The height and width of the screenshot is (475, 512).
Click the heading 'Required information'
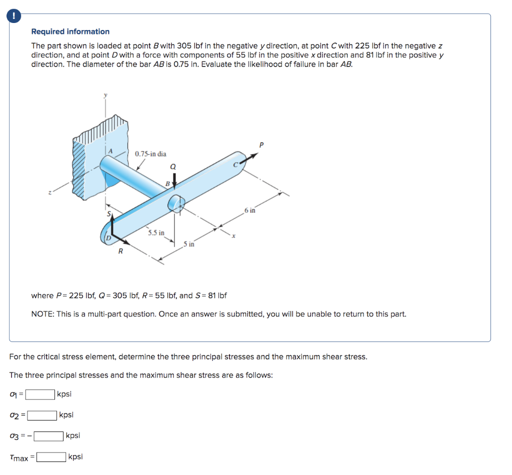point(70,31)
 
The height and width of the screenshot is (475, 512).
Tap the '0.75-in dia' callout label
point(150,153)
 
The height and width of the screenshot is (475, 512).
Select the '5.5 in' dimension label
point(156,233)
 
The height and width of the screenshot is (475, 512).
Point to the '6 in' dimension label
point(250,210)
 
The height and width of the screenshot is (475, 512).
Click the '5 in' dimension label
point(189,244)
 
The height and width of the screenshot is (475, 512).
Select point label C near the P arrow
point(234,163)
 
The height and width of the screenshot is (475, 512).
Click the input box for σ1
point(40,394)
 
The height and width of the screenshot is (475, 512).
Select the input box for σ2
point(42,415)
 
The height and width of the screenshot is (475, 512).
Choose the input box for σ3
point(48,436)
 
